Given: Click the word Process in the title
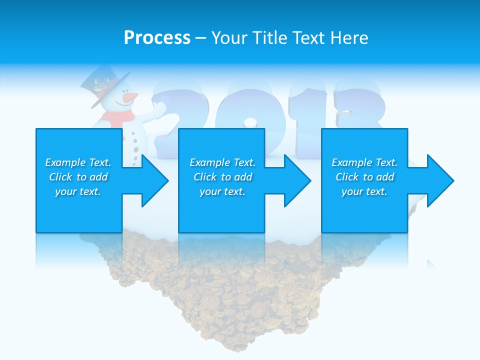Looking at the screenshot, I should pos(157,38).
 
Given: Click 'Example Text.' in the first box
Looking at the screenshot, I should pos(78,162).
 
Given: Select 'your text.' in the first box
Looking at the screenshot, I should pos(78,191).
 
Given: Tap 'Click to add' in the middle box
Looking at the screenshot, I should pos(222,177).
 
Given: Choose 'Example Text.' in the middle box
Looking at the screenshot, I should pos(222,162).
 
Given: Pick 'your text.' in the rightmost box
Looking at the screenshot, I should pos(364,191).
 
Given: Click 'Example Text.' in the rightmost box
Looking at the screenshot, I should pos(364,162).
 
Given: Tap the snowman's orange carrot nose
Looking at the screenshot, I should pos(130,96).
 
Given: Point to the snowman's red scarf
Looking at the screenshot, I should pos(118,119).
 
